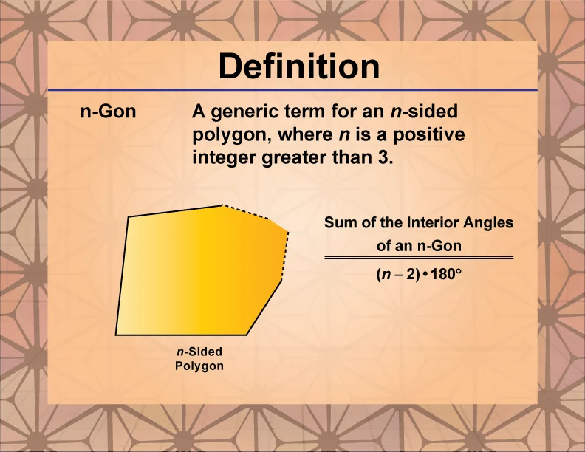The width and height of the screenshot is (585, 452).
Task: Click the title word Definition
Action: [299, 67]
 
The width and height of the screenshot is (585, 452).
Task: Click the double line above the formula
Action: [419, 258]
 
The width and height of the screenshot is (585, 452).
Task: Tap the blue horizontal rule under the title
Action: [292, 90]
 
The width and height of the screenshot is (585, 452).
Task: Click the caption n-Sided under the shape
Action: [199, 352]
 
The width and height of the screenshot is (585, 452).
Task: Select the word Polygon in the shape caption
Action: [199, 366]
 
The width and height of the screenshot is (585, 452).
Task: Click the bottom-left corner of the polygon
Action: [116, 335]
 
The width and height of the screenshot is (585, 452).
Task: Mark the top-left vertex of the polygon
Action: [129, 217]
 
